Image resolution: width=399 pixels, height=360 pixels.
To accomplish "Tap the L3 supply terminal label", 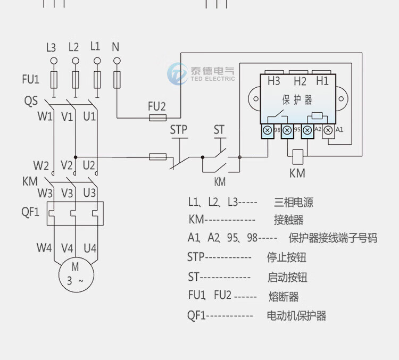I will [51, 47].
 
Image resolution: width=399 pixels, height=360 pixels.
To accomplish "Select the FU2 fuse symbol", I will [157, 118].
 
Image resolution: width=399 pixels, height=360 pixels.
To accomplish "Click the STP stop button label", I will [179, 129].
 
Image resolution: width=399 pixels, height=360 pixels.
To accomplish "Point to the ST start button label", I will [219, 129].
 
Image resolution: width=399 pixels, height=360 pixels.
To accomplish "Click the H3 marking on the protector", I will [274, 81].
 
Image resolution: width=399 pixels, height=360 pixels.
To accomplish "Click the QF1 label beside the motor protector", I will [30, 212].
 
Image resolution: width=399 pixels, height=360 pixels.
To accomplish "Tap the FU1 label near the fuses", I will [30, 80].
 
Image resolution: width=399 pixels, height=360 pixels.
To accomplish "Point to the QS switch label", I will [30, 100].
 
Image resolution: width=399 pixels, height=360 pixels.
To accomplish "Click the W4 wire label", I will [44, 248].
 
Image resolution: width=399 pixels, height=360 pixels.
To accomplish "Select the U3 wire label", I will [89, 192].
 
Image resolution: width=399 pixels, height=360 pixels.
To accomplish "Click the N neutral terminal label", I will [115, 47].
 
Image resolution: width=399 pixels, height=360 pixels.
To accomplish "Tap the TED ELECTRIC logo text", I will [212, 79].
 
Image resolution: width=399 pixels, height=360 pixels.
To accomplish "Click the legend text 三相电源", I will [293, 202].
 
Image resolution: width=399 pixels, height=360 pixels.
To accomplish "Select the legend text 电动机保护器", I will [296, 316].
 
